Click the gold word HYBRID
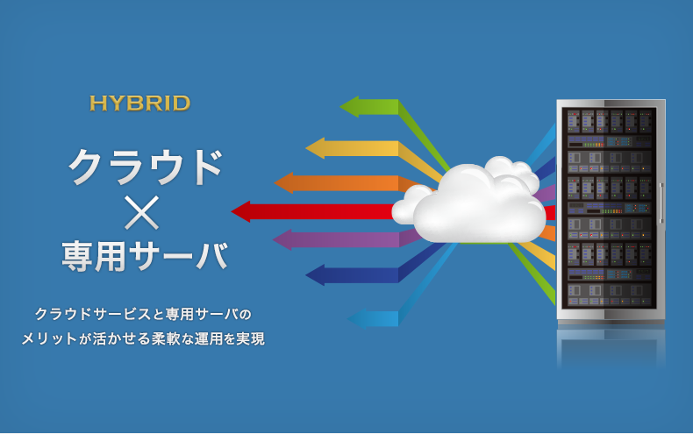[139, 103]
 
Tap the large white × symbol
[141, 212]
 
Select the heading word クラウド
[145, 167]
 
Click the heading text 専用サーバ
[145, 256]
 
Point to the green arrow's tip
[340, 106]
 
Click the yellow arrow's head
[307, 148]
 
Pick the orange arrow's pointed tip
[275, 182]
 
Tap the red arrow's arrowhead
[232, 211]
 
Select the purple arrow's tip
[274, 239]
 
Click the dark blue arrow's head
[307, 275]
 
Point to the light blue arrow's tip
[348, 318]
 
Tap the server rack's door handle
[661, 203]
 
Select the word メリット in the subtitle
[49, 338]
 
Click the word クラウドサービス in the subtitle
[93, 314]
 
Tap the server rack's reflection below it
[611, 347]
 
